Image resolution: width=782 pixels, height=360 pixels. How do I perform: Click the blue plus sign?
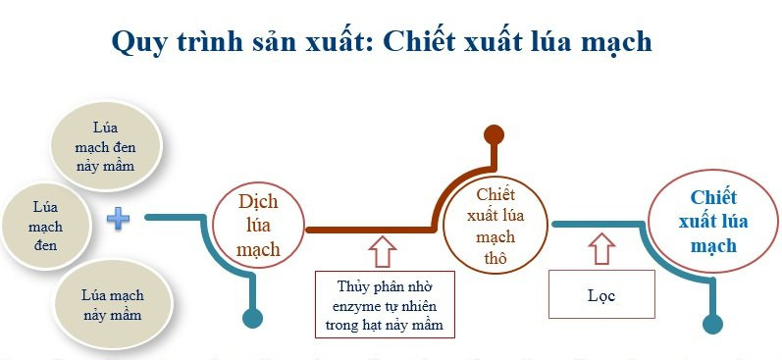pyautogui.click(x=118, y=218)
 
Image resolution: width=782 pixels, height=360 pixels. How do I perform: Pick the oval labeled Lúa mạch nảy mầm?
pyautogui.click(x=113, y=304)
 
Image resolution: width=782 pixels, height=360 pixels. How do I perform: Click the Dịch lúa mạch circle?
pyautogui.click(x=259, y=225)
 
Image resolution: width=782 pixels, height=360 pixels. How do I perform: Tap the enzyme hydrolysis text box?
pyautogui.click(x=385, y=304)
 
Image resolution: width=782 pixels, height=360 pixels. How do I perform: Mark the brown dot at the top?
pyautogui.click(x=494, y=134)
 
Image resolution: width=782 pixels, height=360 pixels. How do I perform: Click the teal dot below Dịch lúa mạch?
pyautogui.click(x=254, y=317)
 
